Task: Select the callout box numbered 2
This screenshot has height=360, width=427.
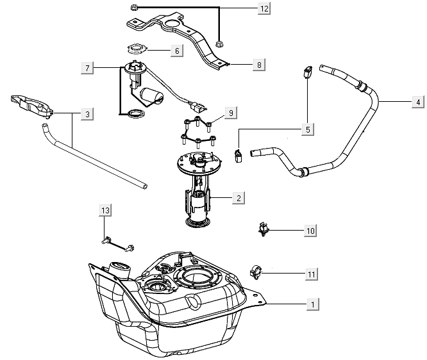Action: pyautogui.click(x=239, y=198)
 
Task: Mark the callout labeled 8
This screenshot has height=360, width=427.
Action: pyautogui.click(x=258, y=65)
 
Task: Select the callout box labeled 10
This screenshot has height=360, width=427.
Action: pyautogui.click(x=310, y=229)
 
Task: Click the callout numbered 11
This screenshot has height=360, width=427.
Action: pyautogui.click(x=311, y=274)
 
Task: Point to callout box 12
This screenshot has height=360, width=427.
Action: pyautogui.click(x=246, y=8)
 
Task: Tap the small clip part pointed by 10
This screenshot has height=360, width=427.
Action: pyautogui.click(x=264, y=228)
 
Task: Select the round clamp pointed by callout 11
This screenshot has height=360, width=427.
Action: pyautogui.click(x=257, y=272)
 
